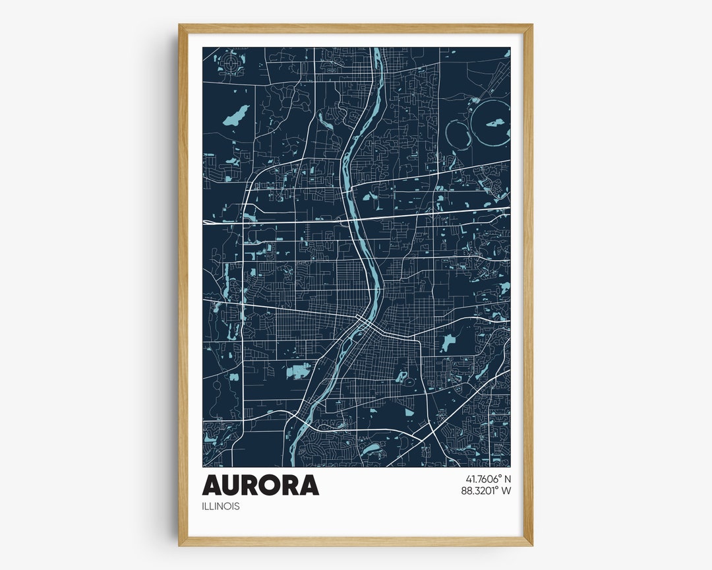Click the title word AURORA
(260, 485)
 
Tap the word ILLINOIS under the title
(221, 507)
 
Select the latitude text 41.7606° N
(489, 478)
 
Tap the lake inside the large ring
(495, 123)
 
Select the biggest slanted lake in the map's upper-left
(235, 115)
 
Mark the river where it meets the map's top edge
(378, 50)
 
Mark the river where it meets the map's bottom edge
(295, 464)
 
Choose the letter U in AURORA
(232, 485)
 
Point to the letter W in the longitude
(506, 490)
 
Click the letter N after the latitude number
(507, 478)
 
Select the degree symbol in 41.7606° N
(499, 476)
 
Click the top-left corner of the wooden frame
(180, 26)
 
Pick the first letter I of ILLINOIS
(204, 507)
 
